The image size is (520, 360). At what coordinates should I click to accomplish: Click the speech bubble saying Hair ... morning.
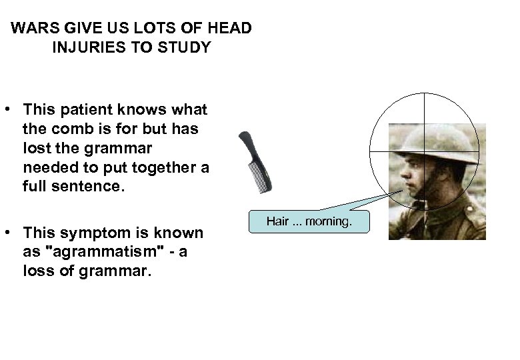coord(309,221)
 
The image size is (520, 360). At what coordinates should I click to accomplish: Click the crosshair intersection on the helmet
coord(424,151)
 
